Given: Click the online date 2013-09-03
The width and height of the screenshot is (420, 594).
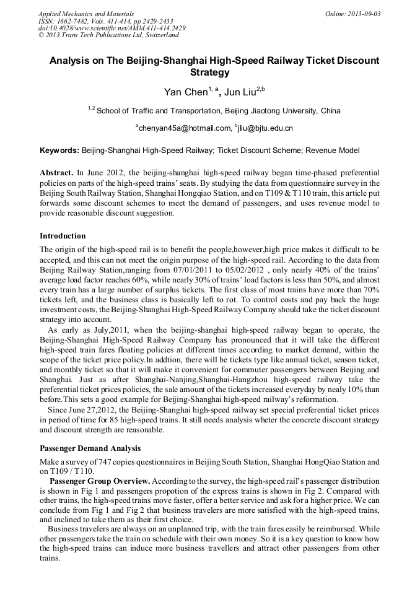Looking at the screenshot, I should [x=366, y=14].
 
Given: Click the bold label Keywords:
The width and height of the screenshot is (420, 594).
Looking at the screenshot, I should [x=59, y=150].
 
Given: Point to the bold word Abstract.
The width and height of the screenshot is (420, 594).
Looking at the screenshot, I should [x=56, y=171].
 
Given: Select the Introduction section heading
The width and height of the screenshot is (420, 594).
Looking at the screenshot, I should [x=63, y=235].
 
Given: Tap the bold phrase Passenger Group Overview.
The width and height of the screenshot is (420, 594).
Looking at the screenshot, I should [x=99, y=481].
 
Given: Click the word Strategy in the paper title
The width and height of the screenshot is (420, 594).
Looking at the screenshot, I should [x=209, y=72].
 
